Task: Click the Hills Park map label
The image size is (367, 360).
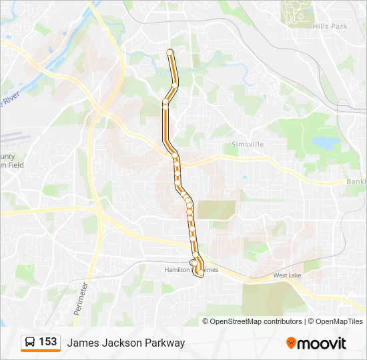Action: (x=329, y=26)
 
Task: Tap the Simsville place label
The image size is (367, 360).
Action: (x=248, y=144)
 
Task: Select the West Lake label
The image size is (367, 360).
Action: (x=287, y=275)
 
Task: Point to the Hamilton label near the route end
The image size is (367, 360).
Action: (x=177, y=269)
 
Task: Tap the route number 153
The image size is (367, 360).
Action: (x=48, y=342)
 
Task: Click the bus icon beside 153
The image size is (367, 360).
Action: (x=30, y=343)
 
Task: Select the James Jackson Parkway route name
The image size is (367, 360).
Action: (x=125, y=343)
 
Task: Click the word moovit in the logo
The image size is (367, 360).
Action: (x=322, y=343)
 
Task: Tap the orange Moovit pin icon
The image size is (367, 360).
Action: (x=291, y=343)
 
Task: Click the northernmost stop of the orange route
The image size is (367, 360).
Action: (x=169, y=52)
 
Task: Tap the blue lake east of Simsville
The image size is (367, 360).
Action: (x=326, y=143)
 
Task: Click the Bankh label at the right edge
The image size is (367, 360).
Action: (x=356, y=181)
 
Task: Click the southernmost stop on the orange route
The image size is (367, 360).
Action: (x=198, y=273)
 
